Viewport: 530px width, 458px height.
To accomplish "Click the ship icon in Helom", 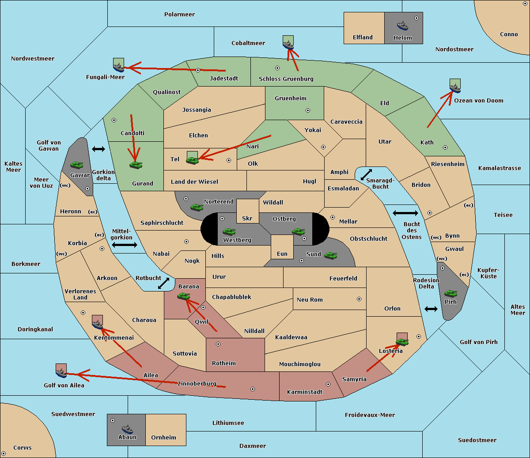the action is [402, 26].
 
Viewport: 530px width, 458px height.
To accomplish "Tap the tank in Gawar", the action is [77, 165].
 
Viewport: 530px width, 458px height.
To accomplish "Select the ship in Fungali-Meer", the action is [119, 68].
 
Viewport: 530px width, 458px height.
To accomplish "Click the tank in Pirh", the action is [450, 293].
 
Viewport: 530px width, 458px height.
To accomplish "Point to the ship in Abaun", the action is [128, 429].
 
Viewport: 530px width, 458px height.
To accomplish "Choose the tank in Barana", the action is [183, 296].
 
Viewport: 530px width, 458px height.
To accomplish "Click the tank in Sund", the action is [330, 255].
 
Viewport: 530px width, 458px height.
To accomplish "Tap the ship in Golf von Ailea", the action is [61, 373].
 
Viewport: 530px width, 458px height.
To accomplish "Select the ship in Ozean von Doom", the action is [455, 88].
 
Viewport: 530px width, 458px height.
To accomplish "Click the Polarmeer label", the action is [179, 15].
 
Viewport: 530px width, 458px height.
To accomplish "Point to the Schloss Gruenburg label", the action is [286, 79].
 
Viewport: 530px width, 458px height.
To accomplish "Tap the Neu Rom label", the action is [310, 299].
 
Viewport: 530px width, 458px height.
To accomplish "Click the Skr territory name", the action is [247, 218].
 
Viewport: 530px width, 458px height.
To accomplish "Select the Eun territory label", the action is [282, 254].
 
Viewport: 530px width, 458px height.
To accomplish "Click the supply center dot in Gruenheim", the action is [308, 110].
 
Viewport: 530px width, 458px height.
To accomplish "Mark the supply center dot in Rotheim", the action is [218, 344].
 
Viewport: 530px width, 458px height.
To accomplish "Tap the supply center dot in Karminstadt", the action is [328, 384].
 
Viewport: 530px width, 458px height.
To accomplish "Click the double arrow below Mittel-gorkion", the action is [125, 245].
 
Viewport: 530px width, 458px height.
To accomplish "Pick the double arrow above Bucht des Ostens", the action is [405, 213].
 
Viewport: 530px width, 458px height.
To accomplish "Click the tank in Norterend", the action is [197, 208].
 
